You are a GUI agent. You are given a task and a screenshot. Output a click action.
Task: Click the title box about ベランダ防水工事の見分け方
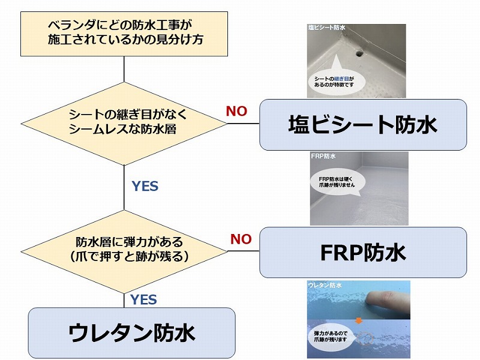coord(124,34)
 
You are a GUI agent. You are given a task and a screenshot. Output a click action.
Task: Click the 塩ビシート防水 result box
coord(362,125)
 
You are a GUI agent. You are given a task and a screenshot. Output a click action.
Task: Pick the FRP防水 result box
coord(362,252)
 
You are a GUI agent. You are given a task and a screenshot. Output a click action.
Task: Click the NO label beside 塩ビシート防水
coord(236,111)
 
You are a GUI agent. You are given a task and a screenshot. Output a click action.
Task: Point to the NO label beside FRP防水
coord(241,239)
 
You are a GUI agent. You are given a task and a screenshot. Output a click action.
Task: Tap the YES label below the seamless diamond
coord(145,186)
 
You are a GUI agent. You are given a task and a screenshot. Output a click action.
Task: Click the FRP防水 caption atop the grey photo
coord(323,157)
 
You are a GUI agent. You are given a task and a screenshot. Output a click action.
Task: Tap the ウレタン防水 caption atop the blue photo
coord(325,286)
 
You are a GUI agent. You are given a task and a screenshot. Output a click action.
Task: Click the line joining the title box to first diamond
coord(124,69)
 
